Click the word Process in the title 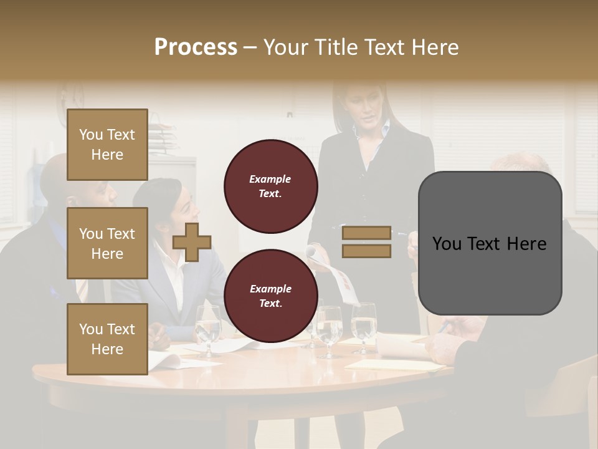coord(196,47)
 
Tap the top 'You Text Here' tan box coord(107,145)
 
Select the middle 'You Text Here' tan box coord(107,243)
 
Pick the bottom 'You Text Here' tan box coord(107,339)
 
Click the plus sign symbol coord(192,242)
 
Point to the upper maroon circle coord(270,186)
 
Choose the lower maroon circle coord(270,296)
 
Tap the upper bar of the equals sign coord(366,233)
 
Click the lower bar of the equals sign coord(366,251)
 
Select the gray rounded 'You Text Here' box coord(490,243)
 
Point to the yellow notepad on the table coord(386,365)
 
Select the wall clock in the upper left coord(70,95)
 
